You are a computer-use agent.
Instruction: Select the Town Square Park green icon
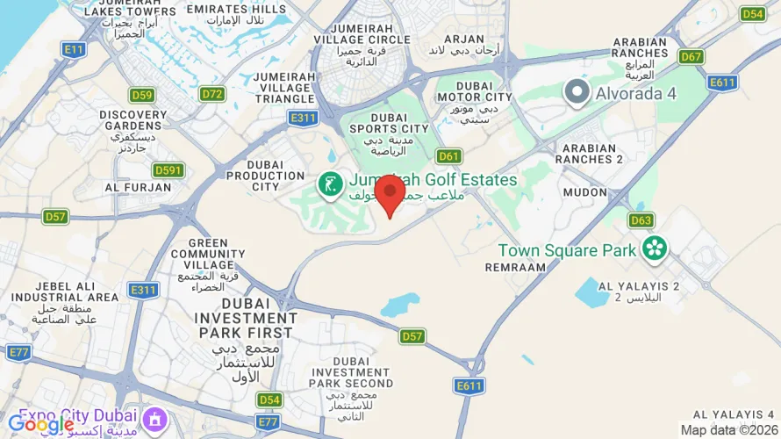(x=654, y=248)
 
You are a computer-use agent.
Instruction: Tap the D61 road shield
(x=448, y=156)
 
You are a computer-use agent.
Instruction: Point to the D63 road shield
(x=641, y=220)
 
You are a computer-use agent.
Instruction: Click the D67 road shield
(x=692, y=56)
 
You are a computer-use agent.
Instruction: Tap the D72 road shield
(x=212, y=93)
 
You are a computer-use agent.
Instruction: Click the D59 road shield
(x=141, y=95)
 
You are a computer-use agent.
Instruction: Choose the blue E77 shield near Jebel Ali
(x=18, y=352)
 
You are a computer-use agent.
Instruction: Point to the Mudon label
(x=584, y=191)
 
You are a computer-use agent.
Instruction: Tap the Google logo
(x=40, y=424)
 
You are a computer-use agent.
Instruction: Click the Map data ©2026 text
(x=729, y=429)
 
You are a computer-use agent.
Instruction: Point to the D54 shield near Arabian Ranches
(x=752, y=14)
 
